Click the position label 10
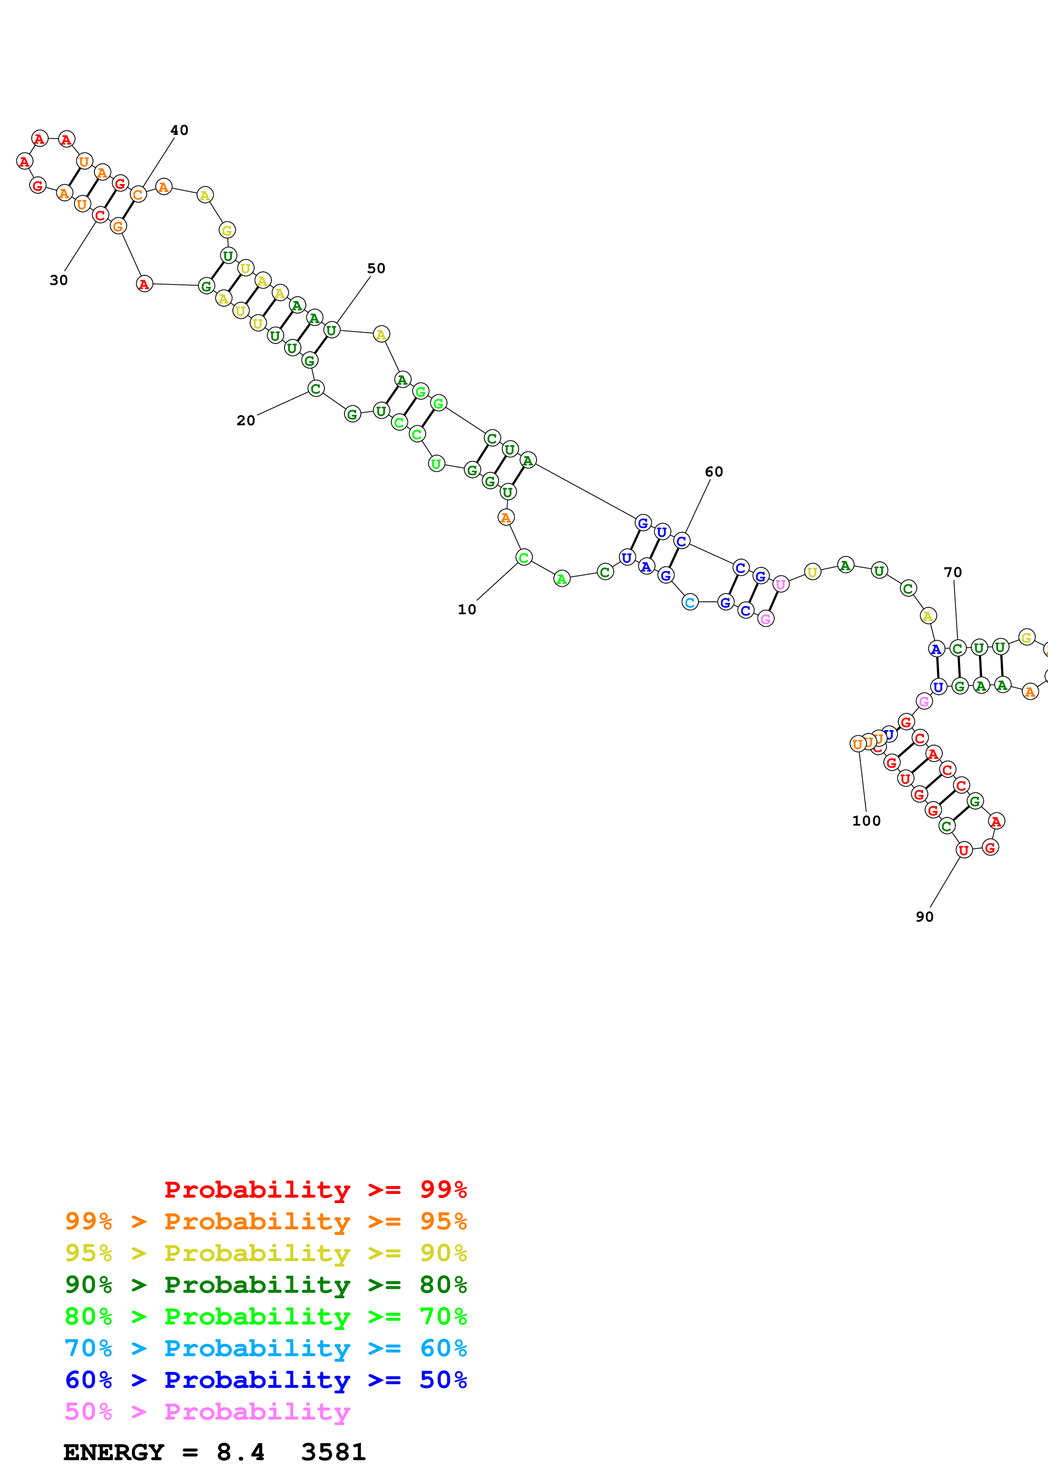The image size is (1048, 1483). pyautogui.click(x=467, y=609)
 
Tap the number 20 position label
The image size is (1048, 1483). pyautogui.click(x=245, y=421)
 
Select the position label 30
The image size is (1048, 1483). pyautogui.click(x=59, y=280)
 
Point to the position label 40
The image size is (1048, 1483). pyautogui.click(x=180, y=131)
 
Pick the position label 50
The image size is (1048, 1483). pyautogui.click(x=376, y=269)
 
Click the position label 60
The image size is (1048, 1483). pyautogui.click(x=714, y=472)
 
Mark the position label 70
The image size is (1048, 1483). pyautogui.click(x=953, y=572)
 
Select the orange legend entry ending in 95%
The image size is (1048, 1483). pyautogui.click(x=266, y=1221)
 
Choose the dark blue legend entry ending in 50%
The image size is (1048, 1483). pyautogui.click(x=266, y=1380)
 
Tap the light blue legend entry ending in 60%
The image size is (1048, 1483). pyautogui.click(x=266, y=1348)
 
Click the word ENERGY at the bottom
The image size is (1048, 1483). pyautogui.click(x=114, y=1452)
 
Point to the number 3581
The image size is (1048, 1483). pyautogui.click(x=333, y=1452)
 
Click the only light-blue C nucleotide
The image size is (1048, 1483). pyautogui.click(x=690, y=602)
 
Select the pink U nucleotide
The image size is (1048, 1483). pyautogui.click(x=781, y=585)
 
